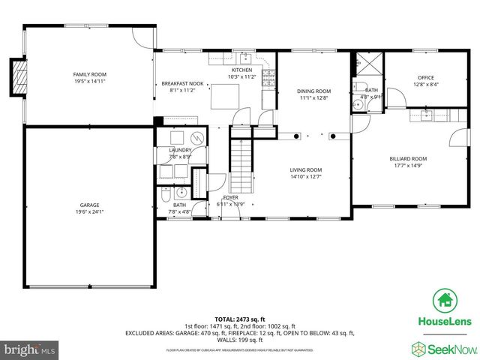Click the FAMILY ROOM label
(89, 74)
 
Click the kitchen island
(224, 97)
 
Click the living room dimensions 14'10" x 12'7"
(306, 177)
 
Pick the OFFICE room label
(425, 77)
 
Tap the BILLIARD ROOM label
(408, 159)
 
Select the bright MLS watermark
(30, 349)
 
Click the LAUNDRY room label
(180, 150)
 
